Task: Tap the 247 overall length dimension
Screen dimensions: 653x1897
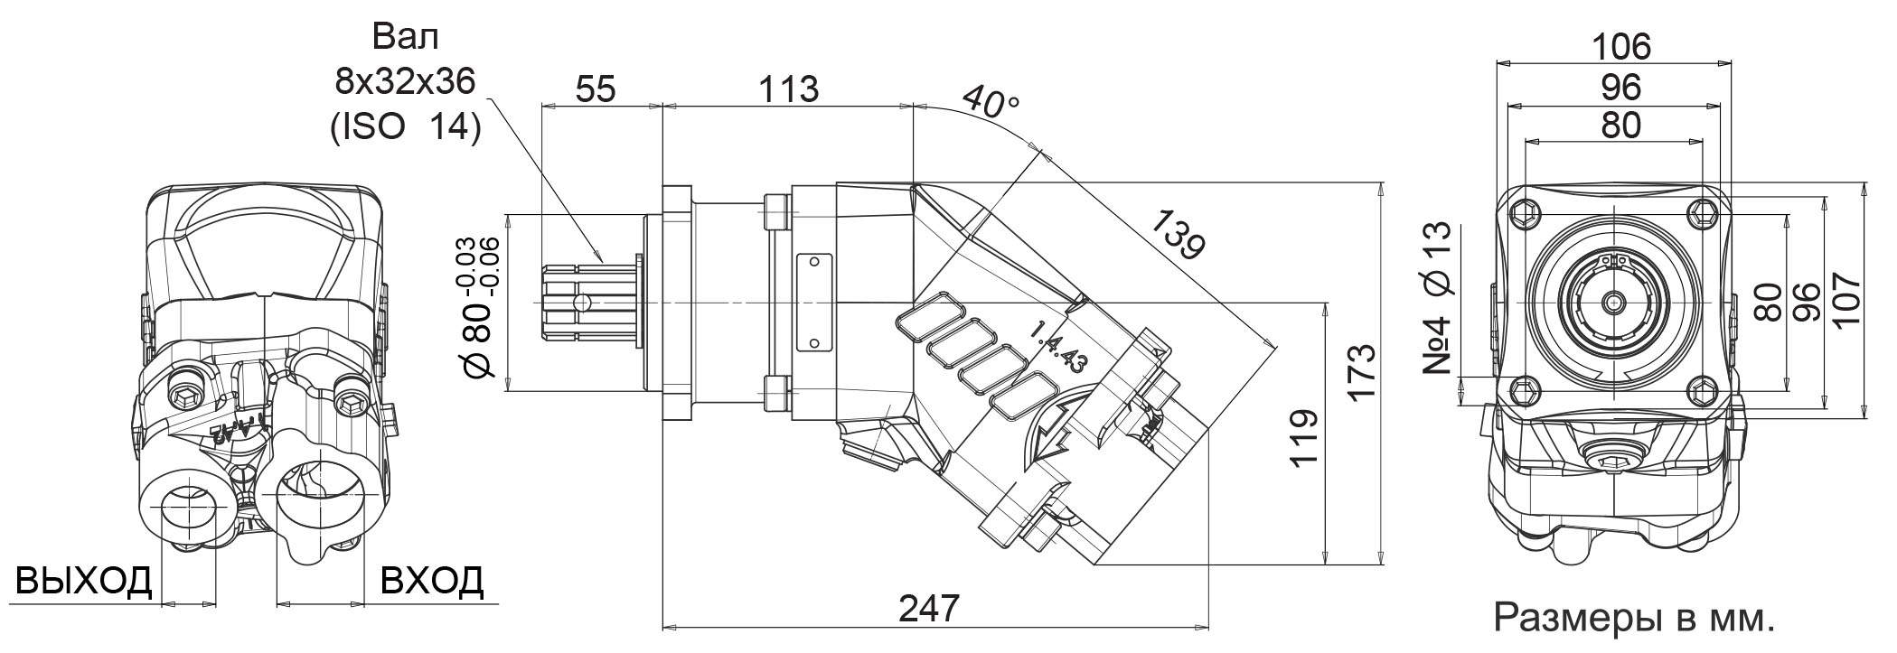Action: [928, 608]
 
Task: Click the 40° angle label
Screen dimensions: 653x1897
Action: [990, 102]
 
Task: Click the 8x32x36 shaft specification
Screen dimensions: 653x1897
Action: [406, 83]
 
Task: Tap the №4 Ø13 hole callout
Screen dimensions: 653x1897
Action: [1437, 297]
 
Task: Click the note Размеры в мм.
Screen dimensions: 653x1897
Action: [1635, 619]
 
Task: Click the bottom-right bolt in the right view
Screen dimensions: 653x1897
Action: [1703, 390]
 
